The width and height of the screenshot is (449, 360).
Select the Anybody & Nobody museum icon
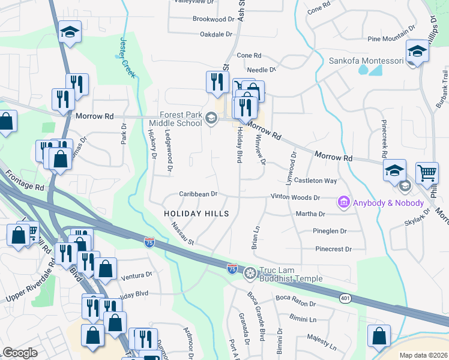pyautogui.click(x=344, y=203)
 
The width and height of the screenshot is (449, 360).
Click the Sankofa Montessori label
pyautogui.click(x=366, y=61)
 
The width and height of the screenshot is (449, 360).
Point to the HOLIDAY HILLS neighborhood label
pyautogui.click(x=197, y=214)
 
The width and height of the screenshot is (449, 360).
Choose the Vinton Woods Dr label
pyautogui.click(x=295, y=197)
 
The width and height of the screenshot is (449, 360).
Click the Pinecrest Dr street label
pyautogui.click(x=333, y=248)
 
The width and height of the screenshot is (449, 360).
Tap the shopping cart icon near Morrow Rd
pyautogui.click(x=427, y=173)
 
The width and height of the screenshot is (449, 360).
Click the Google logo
pyautogui.click(x=20, y=352)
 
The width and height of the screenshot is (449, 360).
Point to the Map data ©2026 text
pyautogui.click(x=423, y=355)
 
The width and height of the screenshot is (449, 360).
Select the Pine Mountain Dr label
pyautogui.click(x=391, y=39)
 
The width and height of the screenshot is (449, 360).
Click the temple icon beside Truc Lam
pyautogui.click(x=250, y=272)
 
